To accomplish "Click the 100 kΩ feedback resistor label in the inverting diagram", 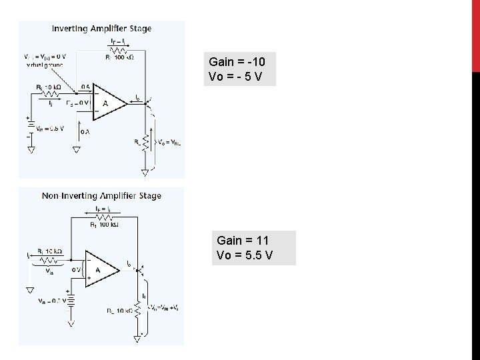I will pos(120,57).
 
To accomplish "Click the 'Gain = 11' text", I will pos(243,239).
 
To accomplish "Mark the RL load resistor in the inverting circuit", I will pos(145,141).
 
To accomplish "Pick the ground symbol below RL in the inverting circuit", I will pos(145,173).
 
